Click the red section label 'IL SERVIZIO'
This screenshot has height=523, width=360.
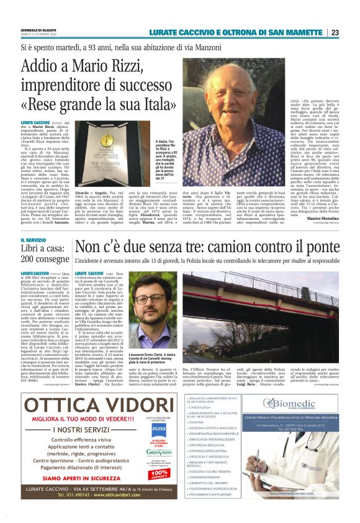[34, 239]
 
